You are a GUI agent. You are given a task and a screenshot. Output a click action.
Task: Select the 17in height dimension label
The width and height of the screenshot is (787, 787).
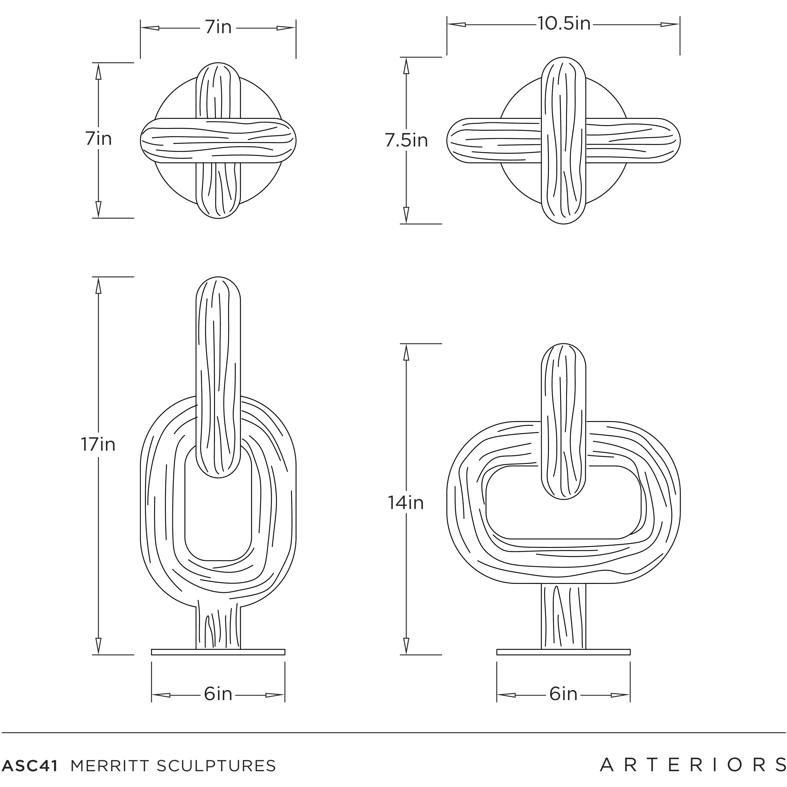tap(98, 444)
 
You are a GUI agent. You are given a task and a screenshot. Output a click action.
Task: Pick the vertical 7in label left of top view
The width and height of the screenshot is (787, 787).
tap(98, 139)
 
